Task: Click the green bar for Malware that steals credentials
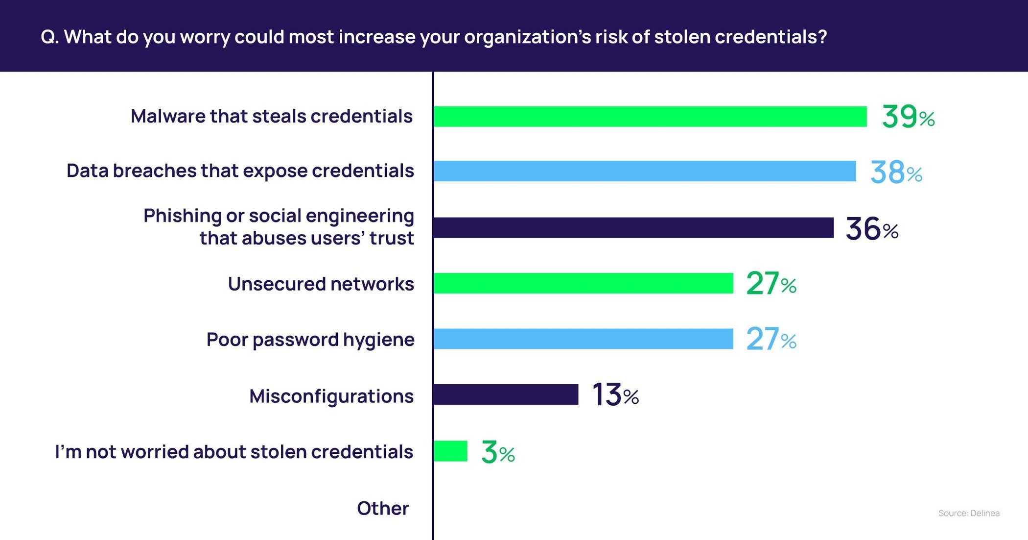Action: click(650, 117)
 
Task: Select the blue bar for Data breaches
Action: click(644, 171)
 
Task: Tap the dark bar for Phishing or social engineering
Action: click(633, 228)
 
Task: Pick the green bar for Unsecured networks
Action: click(583, 283)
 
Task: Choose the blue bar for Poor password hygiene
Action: click(583, 339)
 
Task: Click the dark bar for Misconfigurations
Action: click(506, 394)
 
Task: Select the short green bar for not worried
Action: click(450, 451)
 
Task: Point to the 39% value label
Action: click(908, 117)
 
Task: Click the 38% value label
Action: click(896, 172)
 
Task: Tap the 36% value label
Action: click(872, 229)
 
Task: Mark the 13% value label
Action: click(615, 395)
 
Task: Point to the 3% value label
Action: click(498, 452)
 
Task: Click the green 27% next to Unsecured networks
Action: click(771, 284)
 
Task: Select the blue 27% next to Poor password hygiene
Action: click(771, 339)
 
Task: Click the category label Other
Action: click(383, 508)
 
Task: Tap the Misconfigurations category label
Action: click(331, 396)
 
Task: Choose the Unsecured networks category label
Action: click(321, 284)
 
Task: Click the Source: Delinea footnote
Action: click(969, 513)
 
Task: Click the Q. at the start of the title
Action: click(49, 37)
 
